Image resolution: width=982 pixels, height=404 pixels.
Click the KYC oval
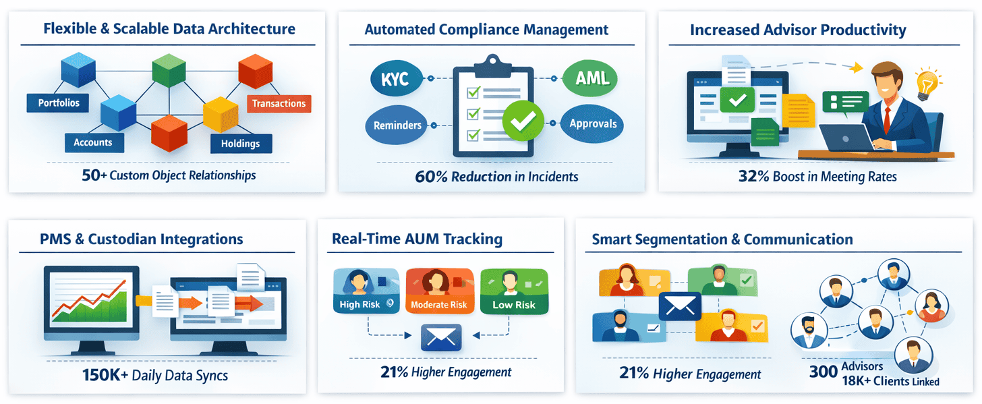pyautogui.click(x=395, y=79)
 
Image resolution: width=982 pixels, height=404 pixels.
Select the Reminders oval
pyautogui.click(x=397, y=125)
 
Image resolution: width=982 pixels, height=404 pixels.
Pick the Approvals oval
pyautogui.click(x=593, y=124)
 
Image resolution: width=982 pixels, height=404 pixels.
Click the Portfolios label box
pyautogui.click(x=59, y=103)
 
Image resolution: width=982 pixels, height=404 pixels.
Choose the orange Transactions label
pyautogui.click(x=279, y=103)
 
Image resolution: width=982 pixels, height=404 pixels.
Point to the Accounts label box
pyautogui.click(x=93, y=142)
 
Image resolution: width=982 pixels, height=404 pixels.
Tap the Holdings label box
pyautogui.click(x=240, y=144)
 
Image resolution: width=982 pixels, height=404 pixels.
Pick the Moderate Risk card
pyautogui.click(x=438, y=291)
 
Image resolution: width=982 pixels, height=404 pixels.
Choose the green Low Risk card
pyautogui.click(x=514, y=291)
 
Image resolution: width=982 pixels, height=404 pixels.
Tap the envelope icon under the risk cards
pyautogui.click(x=440, y=337)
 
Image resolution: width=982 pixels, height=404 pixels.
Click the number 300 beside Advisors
pyautogui.click(x=823, y=370)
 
